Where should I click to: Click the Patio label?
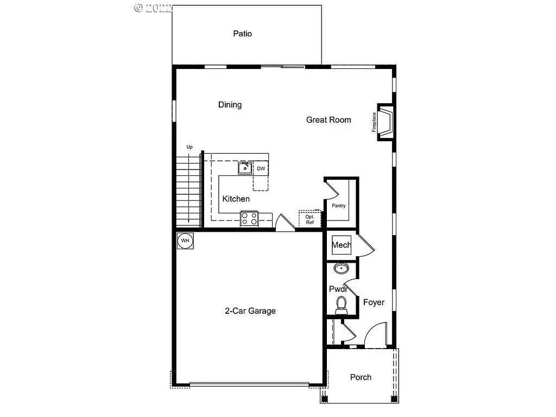[x=242, y=34]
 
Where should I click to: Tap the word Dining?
[x=230, y=105]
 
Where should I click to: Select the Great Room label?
[x=328, y=120]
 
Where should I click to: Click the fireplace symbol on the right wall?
[x=386, y=122]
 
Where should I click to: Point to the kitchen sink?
[x=245, y=168]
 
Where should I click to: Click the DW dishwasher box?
[x=261, y=168]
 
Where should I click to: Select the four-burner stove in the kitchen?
[x=249, y=218]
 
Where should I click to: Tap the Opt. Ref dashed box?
[x=309, y=219]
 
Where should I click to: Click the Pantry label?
[x=339, y=206]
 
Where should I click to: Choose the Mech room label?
[x=342, y=245]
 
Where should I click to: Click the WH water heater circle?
[x=185, y=241]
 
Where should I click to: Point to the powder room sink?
[x=342, y=268]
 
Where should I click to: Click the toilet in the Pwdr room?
[x=342, y=305]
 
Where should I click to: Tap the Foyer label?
[x=374, y=302]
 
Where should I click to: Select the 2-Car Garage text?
[x=250, y=311]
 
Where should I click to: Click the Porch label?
[x=361, y=377]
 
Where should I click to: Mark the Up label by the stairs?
[x=189, y=147]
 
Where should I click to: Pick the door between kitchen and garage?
[x=285, y=223]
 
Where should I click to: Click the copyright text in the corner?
[x=153, y=8]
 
